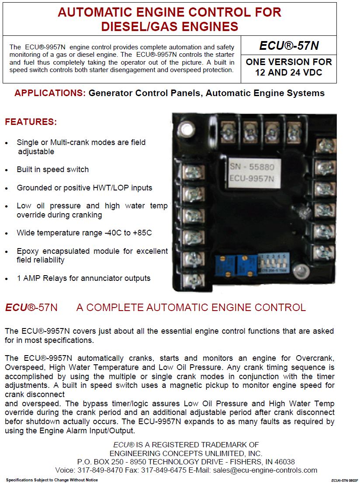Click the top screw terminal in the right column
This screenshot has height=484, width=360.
click(x=324, y=146)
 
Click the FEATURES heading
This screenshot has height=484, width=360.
click(x=31, y=122)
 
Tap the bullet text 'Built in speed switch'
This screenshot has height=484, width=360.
click(x=53, y=169)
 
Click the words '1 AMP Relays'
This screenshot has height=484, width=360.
click(x=39, y=278)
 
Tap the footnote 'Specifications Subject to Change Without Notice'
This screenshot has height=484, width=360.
click(x=52, y=480)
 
